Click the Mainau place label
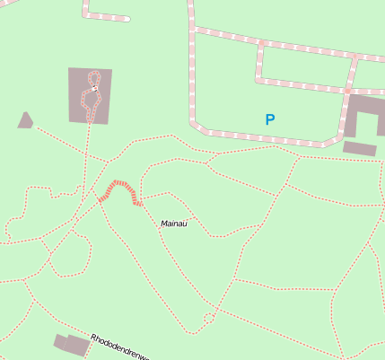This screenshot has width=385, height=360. click(172, 224)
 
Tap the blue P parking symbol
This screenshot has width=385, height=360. click(269, 119)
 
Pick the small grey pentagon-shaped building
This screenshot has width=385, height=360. click(25, 119)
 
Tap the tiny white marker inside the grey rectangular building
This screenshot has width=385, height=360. click(94, 89)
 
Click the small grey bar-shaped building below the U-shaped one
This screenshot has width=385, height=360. click(359, 148)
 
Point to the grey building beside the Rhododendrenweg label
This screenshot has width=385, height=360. click(71, 344)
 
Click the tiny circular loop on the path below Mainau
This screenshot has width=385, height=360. click(209, 318)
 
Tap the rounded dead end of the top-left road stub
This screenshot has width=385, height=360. click(127, 19)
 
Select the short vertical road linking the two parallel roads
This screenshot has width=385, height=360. click(259, 61)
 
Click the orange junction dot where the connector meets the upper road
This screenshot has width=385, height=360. click(260, 43)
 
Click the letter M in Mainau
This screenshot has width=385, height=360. click(164, 223)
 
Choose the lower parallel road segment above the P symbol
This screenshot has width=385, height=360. click(301, 86)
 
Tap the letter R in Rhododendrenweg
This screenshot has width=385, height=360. click(93, 338)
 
